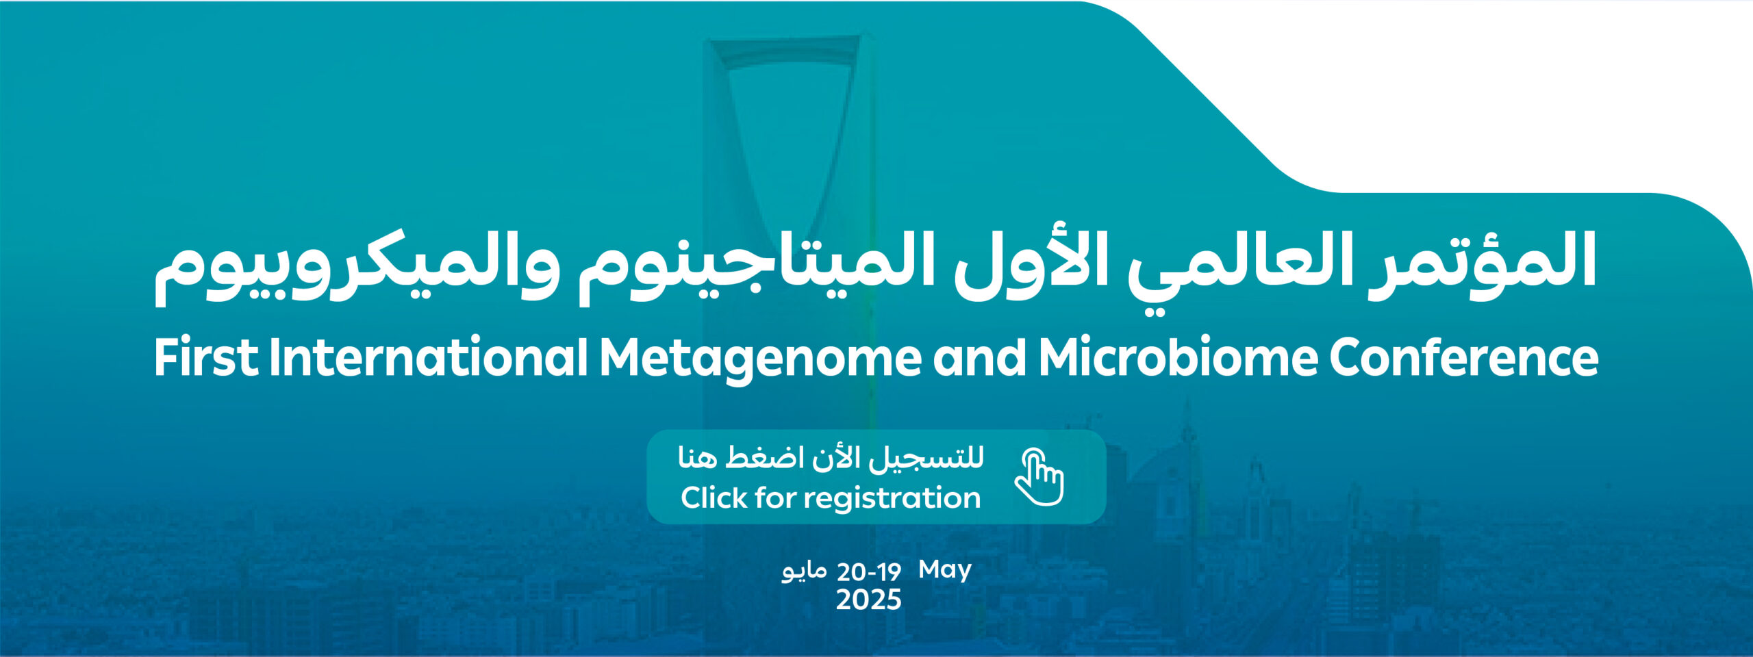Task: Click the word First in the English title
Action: (x=206, y=357)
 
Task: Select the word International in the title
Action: (x=429, y=357)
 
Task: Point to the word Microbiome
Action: (x=1178, y=357)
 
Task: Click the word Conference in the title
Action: (x=1464, y=357)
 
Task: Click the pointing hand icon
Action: (x=1039, y=477)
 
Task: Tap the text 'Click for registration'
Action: (x=831, y=498)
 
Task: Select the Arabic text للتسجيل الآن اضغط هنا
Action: (x=831, y=457)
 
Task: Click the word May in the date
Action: (x=945, y=570)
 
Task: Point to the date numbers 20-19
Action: (x=869, y=571)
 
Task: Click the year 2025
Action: (x=869, y=600)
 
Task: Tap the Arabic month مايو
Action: (x=804, y=571)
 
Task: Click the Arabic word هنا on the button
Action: (x=698, y=456)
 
